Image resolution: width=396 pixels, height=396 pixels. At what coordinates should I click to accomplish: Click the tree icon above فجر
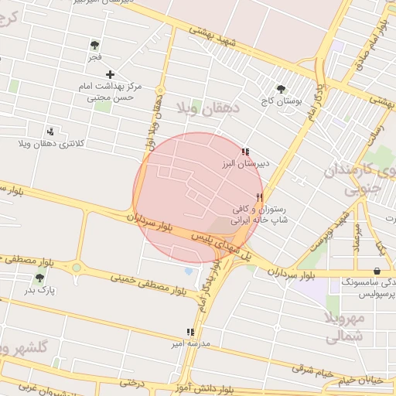[x=94, y=45]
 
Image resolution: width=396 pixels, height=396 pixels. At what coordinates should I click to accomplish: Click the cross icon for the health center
[x=111, y=75]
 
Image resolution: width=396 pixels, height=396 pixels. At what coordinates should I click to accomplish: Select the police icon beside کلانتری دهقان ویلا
[x=51, y=131]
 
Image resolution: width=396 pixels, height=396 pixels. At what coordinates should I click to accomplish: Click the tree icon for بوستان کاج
[x=281, y=89]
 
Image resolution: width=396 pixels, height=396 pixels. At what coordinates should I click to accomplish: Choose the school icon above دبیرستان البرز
[x=245, y=152]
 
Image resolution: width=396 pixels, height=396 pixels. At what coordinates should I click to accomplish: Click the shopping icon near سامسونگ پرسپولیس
[x=377, y=271]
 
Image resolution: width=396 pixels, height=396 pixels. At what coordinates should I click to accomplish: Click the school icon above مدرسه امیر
[x=190, y=331]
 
